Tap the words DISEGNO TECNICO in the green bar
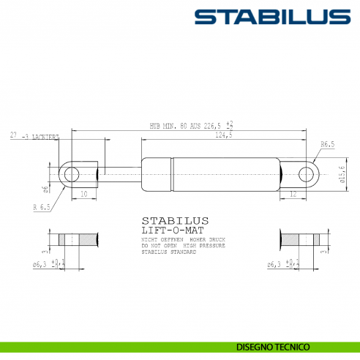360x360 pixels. [273, 346]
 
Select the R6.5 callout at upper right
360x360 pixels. [327, 145]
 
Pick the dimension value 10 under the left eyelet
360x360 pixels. [84, 195]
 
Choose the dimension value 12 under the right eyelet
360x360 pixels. [293, 195]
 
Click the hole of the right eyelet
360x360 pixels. [307, 173]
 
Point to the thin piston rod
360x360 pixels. [121, 173]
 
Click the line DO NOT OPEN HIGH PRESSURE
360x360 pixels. [180, 246]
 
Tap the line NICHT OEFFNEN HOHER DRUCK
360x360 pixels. [180, 239]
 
